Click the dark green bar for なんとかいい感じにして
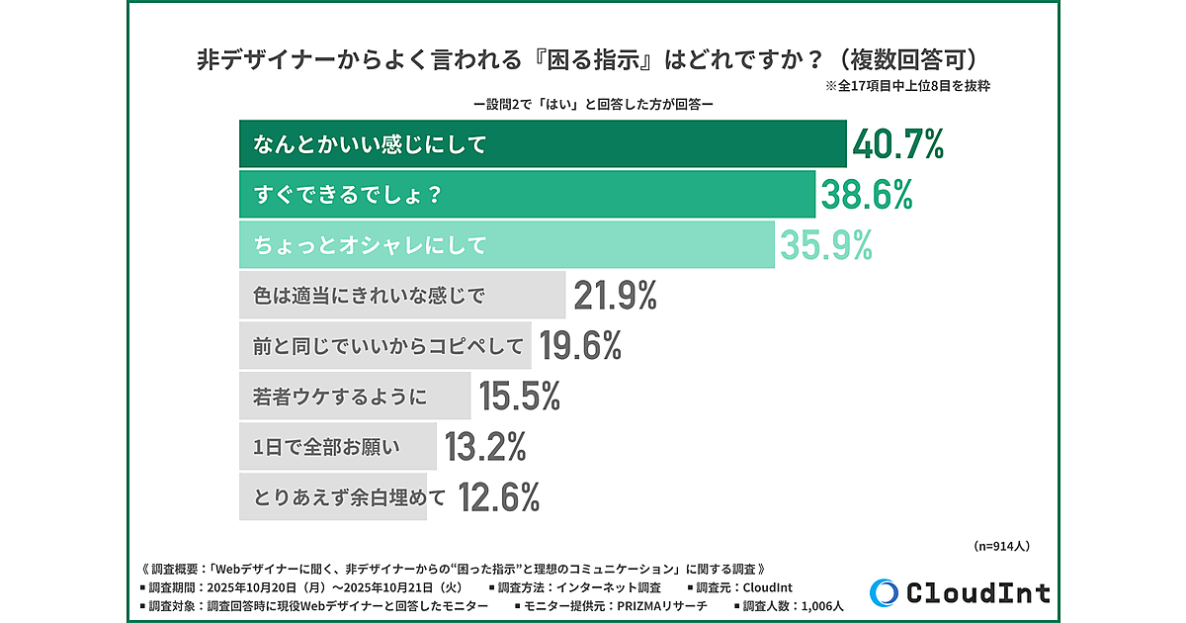coord(543,144)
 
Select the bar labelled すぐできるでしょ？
coord(527,195)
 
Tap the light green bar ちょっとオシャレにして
coord(506,245)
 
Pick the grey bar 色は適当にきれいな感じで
coord(402,296)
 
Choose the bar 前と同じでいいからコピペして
coord(385,346)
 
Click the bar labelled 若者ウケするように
coord(355,397)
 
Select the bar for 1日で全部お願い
coord(337,447)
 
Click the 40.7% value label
coord(898,144)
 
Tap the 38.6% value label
coord(866,195)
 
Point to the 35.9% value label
coord(826,245)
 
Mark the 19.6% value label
coord(580,346)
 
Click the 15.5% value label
coord(520,397)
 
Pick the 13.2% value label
coord(485,447)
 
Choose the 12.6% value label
coord(499,497)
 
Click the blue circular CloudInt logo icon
coord(886,591)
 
